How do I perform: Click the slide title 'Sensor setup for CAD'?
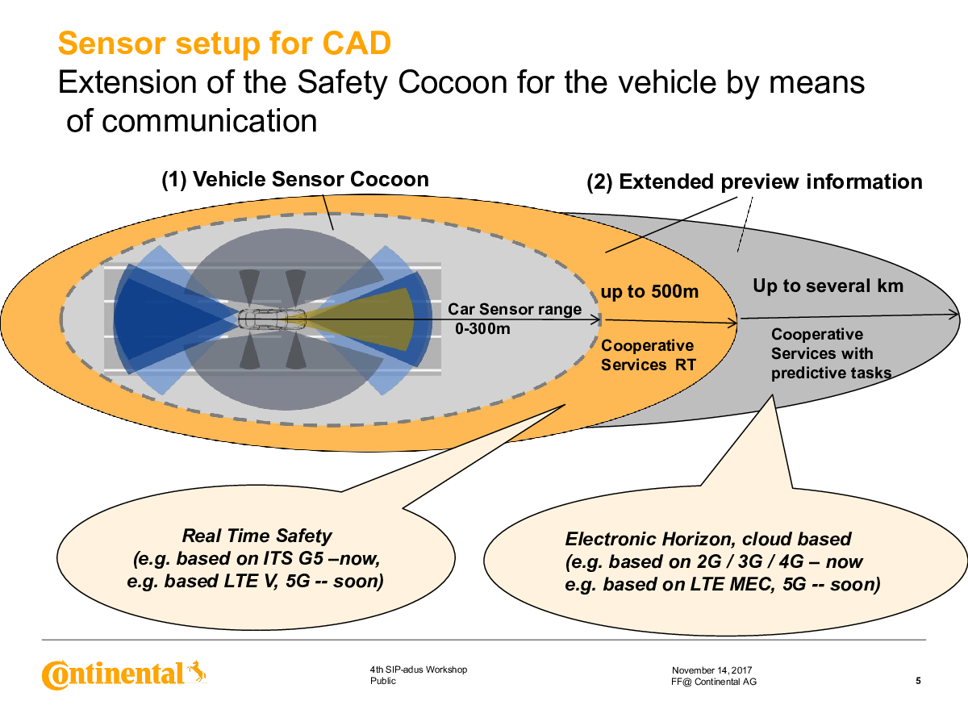coord(224,44)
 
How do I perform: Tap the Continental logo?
coord(124,675)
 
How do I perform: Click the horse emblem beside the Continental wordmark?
coord(197,671)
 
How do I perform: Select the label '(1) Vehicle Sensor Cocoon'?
coord(295,179)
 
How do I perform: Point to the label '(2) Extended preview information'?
coord(754,181)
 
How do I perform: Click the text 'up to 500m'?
coord(649,291)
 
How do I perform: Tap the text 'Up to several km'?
coord(828,286)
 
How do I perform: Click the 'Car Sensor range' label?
coord(515,309)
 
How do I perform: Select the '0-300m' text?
coord(482,328)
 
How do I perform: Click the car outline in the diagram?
coord(272,319)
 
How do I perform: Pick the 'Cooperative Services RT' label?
coord(649,355)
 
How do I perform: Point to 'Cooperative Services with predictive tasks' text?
coord(832,353)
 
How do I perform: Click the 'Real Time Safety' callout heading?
coord(257,536)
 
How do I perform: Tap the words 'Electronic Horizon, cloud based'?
coord(708,539)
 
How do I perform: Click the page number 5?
coord(918,681)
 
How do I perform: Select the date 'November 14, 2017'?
coord(711,670)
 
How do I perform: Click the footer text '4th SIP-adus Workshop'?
coord(419,670)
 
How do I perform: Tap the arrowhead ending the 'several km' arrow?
coord(954,315)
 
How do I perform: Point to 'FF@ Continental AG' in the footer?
coord(714,682)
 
